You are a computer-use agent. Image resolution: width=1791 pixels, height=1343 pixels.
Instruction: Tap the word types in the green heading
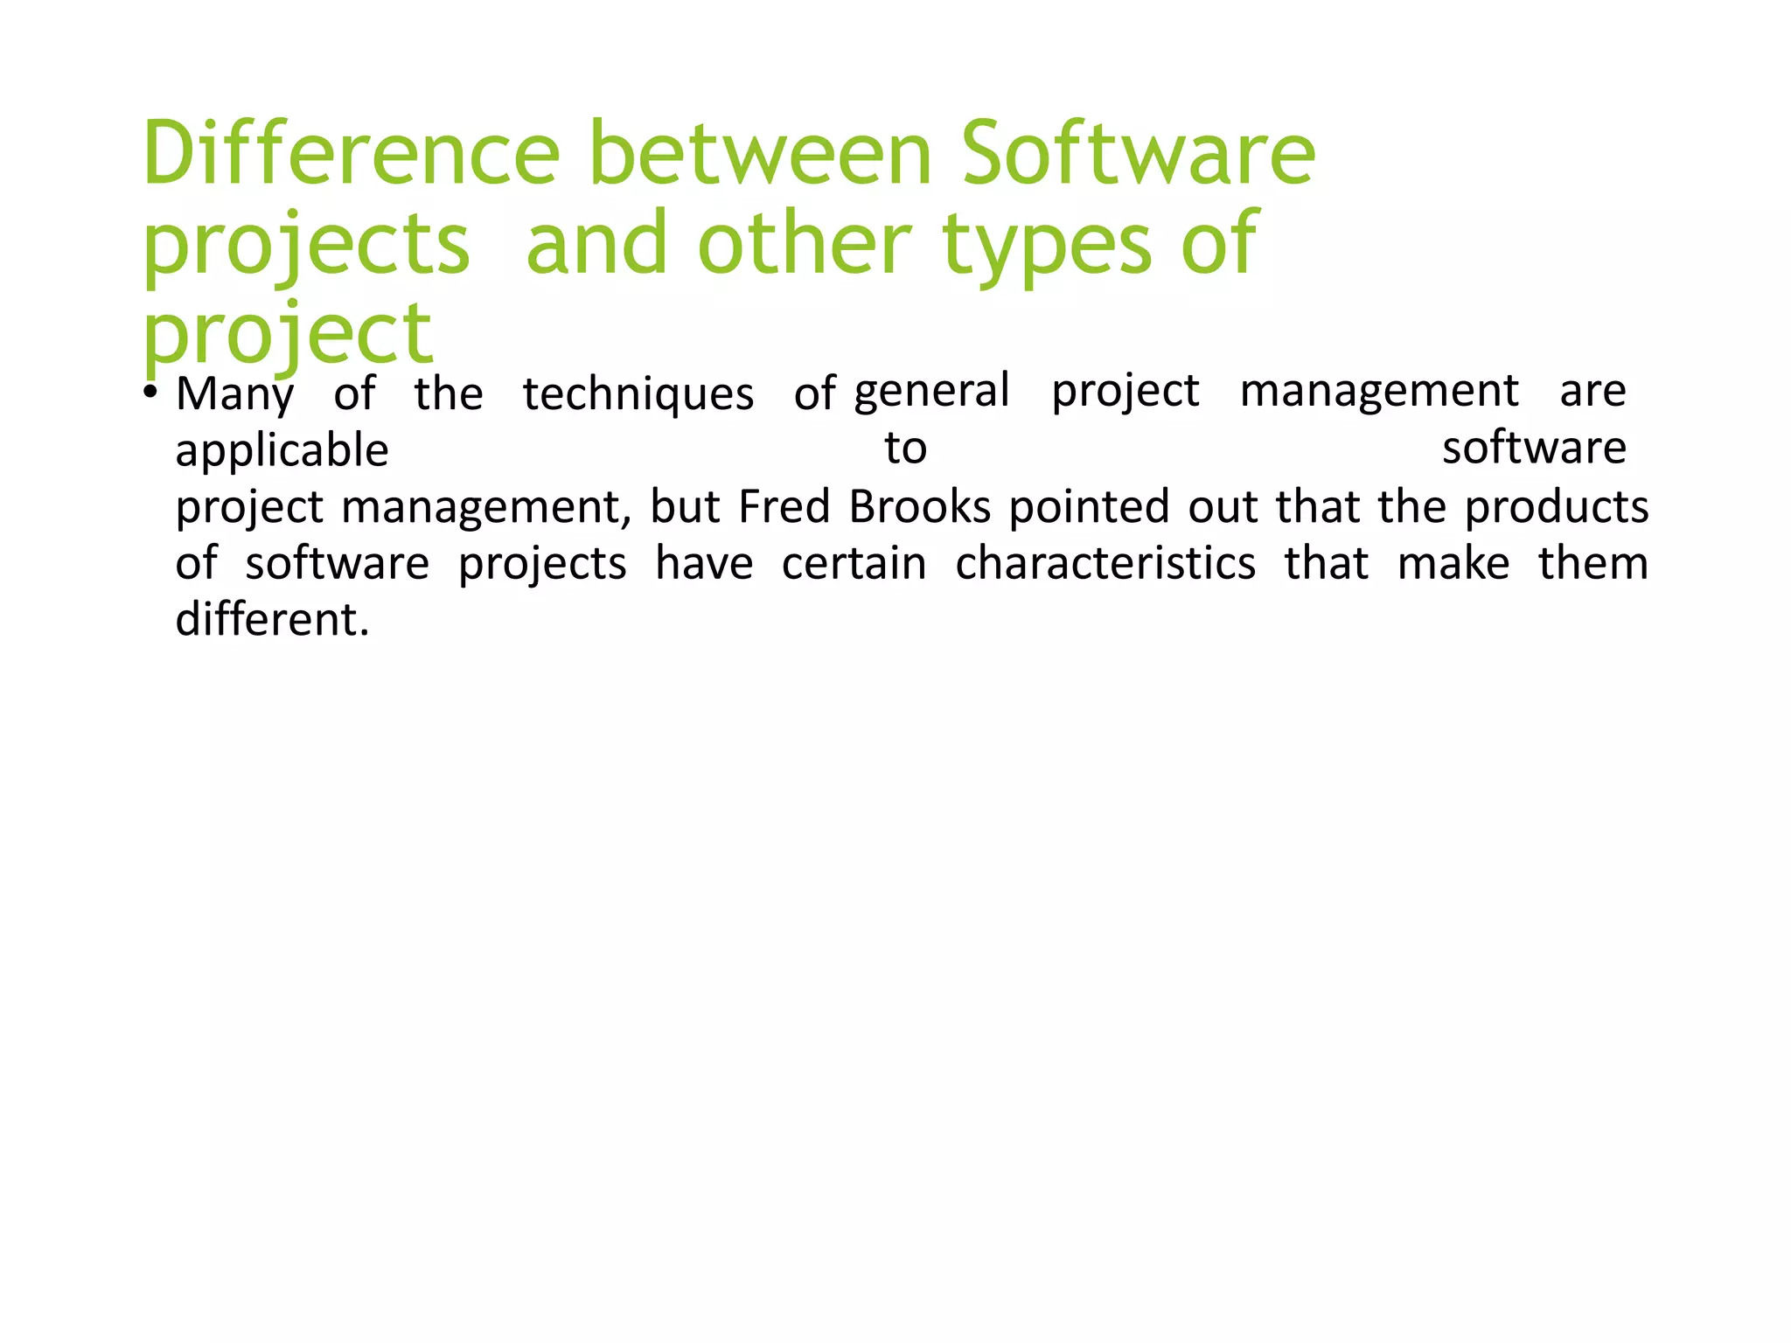coord(1047,245)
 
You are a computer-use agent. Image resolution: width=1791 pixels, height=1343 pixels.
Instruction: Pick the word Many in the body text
coord(234,395)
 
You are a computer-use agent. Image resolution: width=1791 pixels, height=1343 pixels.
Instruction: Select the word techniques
coord(638,394)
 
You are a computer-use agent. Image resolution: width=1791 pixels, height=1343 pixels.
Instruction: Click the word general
coord(931,391)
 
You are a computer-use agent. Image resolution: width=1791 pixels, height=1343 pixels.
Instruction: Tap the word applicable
coord(282,451)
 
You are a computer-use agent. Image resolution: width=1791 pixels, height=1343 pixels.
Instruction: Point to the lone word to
coord(905,449)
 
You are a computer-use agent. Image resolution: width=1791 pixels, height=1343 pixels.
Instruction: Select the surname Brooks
coord(920,506)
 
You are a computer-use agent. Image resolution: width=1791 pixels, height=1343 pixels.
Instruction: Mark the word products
coord(1557,508)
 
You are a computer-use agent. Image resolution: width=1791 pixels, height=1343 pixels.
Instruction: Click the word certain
coord(854,564)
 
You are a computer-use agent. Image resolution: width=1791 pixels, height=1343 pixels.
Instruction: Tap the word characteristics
coord(1105,564)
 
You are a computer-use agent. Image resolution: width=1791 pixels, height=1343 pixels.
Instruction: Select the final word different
coord(272,620)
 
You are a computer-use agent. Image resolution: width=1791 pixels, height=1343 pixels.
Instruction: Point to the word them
coord(1593,564)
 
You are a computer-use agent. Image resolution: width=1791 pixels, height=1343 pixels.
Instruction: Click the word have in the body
coord(704,564)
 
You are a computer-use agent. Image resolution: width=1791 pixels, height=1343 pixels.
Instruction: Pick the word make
coord(1453,564)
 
